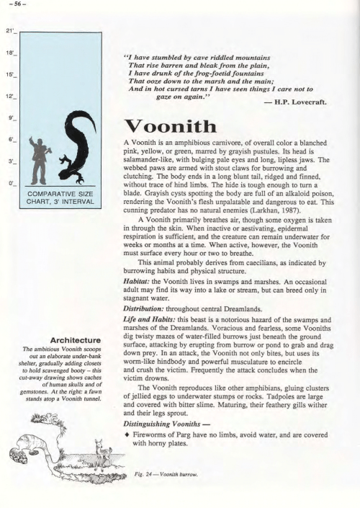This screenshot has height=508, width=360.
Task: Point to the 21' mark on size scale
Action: pos(9,32)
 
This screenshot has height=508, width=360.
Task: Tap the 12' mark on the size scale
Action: pos(9,95)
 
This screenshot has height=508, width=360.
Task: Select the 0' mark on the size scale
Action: pos(9,184)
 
